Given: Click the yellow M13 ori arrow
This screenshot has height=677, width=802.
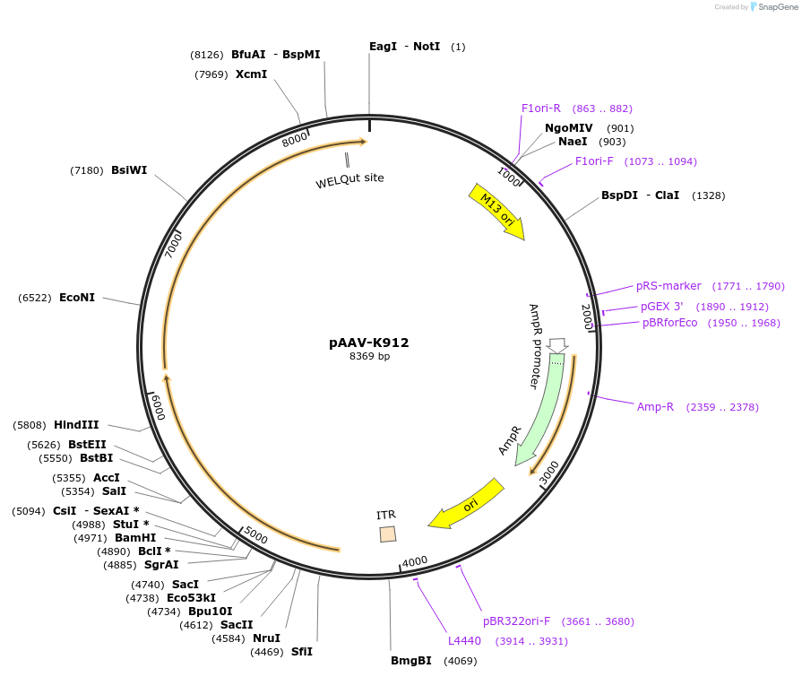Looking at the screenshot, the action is [497, 211].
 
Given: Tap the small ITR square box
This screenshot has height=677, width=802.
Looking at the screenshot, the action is [388, 534].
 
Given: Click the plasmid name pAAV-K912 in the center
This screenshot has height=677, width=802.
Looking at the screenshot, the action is [369, 343].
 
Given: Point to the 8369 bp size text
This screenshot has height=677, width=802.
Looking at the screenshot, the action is [369, 356].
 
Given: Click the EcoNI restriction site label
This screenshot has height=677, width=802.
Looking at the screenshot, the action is [77, 298].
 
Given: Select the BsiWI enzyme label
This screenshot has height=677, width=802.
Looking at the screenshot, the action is [129, 169].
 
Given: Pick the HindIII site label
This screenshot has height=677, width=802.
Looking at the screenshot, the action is [76, 425].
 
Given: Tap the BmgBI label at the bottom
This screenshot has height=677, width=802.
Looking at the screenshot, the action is [411, 661].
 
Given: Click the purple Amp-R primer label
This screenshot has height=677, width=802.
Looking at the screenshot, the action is [655, 407].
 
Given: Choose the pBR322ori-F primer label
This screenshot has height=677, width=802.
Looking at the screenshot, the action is [516, 621].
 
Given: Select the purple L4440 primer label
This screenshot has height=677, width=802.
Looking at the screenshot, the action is [464, 640].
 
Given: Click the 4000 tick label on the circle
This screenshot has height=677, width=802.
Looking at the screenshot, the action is [415, 562].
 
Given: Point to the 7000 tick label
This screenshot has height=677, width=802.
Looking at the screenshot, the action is [173, 244].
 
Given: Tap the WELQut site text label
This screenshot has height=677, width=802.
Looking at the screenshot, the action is [349, 180].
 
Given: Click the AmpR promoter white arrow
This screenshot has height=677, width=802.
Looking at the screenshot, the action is [556, 345].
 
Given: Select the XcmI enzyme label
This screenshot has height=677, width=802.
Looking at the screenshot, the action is [251, 74].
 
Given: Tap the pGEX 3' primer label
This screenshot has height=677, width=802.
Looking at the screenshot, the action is [662, 307].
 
